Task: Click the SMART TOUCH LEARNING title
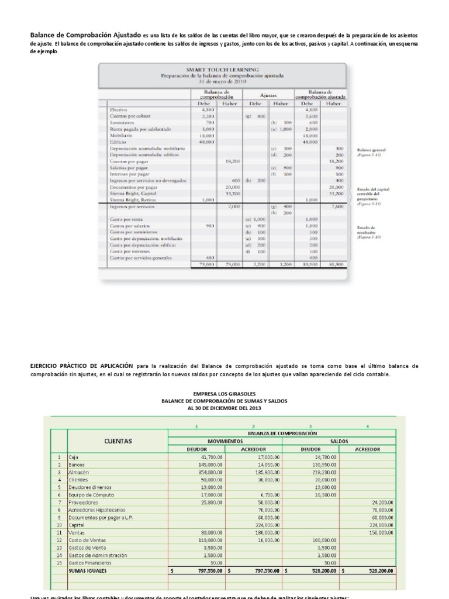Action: coord(222,70)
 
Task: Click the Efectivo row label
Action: coord(119,109)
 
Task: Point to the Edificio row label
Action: coord(118,142)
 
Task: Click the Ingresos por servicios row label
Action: coord(132,206)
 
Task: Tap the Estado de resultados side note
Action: coord(365,232)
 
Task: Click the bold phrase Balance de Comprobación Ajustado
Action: coord(86,35)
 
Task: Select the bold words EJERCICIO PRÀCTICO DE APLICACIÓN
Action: coord(82,366)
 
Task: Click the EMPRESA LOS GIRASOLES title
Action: coord(224,394)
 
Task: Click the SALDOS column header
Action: coord(340,440)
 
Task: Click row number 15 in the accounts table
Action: coord(58,562)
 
